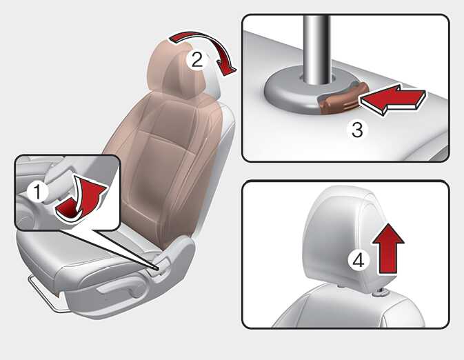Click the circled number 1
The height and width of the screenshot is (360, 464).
coord(38,192)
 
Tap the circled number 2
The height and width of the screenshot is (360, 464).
coord(197,60)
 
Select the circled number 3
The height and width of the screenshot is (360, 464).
coord(357,129)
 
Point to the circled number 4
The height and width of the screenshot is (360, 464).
coord(359,261)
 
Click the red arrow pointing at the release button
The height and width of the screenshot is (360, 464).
coord(393,99)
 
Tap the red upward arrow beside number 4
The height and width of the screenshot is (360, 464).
coord(388,249)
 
